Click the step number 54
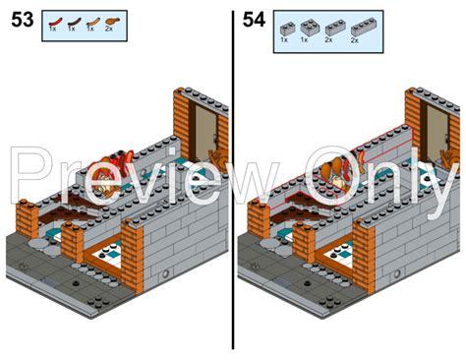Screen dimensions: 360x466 (254, 21)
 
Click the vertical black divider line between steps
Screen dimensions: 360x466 (234, 177)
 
